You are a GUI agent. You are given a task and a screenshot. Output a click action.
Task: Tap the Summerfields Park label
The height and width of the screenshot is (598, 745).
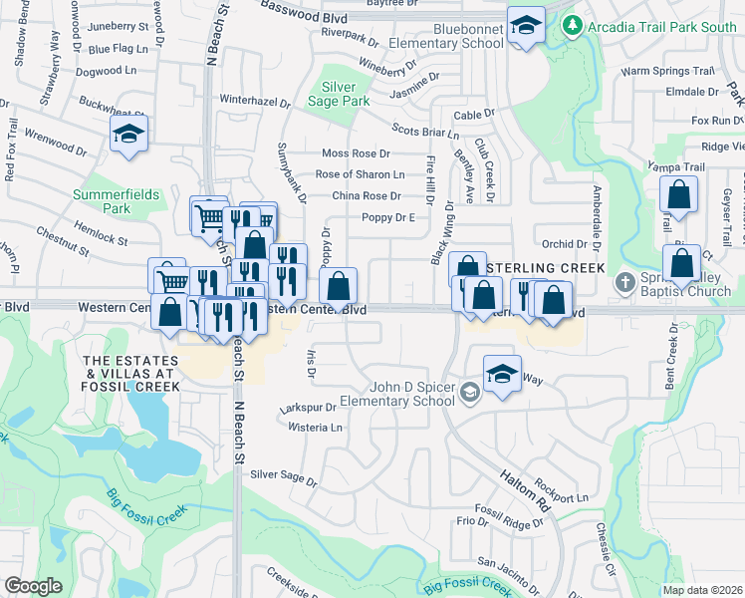[117, 201]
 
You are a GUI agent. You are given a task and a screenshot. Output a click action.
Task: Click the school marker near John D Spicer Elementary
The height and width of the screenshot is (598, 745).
[502, 375]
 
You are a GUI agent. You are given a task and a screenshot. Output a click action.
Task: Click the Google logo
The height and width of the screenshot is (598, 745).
[33, 587]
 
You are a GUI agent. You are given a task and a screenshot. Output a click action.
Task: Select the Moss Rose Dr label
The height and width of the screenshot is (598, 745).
[356, 153]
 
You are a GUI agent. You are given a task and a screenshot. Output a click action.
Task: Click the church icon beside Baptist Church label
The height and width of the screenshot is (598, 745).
[624, 282]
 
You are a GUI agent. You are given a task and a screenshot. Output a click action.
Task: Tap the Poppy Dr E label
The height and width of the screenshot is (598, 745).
[387, 217]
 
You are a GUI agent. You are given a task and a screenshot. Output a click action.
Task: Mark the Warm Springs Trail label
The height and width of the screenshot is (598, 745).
[667, 72]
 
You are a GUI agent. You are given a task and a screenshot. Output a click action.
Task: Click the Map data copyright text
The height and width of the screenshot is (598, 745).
[703, 590]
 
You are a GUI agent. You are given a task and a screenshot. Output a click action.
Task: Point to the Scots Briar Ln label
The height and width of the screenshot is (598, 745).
[425, 130]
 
